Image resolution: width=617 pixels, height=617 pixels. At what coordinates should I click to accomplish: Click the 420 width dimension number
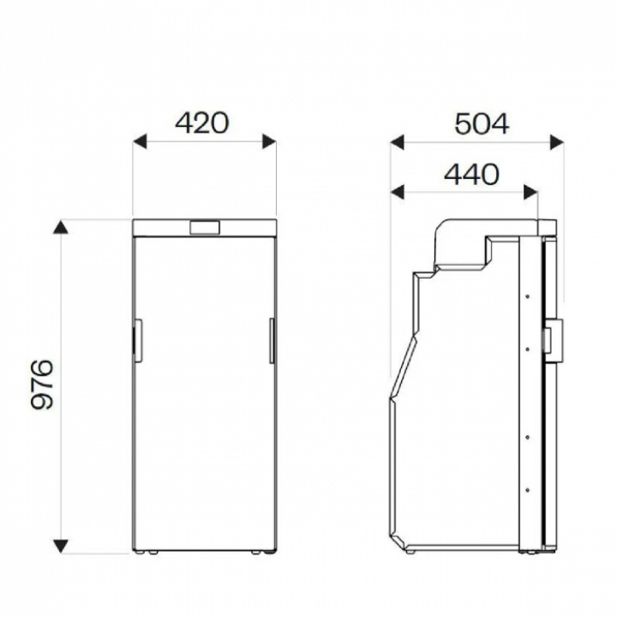[201, 123]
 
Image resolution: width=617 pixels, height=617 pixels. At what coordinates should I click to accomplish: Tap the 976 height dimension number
[42, 384]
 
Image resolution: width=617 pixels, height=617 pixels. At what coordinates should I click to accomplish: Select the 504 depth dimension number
[482, 123]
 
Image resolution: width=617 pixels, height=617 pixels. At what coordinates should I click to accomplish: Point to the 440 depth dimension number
[471, 174]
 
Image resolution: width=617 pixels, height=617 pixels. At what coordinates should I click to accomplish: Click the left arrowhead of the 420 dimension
[140, 141]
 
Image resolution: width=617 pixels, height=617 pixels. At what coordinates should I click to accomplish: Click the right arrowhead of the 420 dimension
[269, 141]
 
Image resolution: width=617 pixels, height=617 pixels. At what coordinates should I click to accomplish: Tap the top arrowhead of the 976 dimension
[61, 227]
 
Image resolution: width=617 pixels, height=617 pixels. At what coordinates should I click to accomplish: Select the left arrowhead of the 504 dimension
[398, 142]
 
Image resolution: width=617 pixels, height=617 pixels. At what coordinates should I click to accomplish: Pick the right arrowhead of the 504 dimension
[557, 142]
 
